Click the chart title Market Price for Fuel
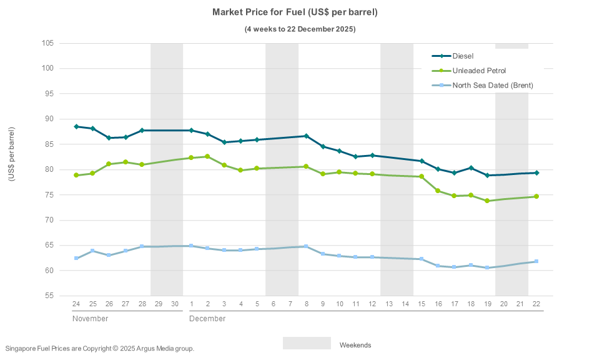pos(295,12)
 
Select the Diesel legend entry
pos(463,56)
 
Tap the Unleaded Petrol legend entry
pos(479,71)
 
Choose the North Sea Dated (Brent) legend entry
pos(493,85)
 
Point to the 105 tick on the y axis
pos(47,43)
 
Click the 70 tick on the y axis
pos(49,220)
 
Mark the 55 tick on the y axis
pos(49,296)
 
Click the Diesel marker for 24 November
pos(76,127)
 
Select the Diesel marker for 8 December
pos(306,136)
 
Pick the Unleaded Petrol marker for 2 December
pos(207,156)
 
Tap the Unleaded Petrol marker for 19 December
pos(487,201)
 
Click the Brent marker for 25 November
pos(92,251)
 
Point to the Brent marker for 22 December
pos(536,261)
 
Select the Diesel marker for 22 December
pos(536,172)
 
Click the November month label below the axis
pos(90,319)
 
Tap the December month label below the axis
pos(207,319)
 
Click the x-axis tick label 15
pos(422,303)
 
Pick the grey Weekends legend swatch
pos(307,344)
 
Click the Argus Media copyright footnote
pos(100,348)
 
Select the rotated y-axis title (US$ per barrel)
pos(11,154)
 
